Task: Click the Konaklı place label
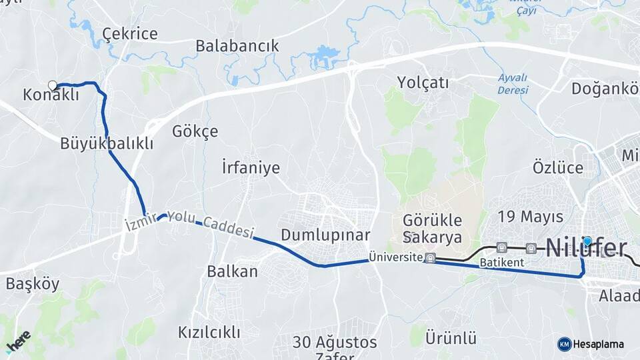click(51, 95)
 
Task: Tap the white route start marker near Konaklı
click(53, 85)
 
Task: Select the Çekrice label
click(130, 34)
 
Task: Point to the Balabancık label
click(237, 46)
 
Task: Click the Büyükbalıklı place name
click(107, 143)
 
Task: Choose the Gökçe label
click(195, 131)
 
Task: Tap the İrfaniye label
click(251, 167)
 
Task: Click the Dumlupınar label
click(325, 235)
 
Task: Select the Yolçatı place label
click(423, 83)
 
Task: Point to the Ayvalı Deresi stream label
click(513, 83)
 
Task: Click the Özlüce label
click(557, 167)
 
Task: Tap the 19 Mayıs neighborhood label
click(531, 217)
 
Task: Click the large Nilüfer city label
click(587, 249)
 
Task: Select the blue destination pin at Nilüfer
click(587, 241)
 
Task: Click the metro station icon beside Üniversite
click(431, 257)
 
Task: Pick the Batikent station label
click(501, 263)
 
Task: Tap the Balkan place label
click(232, 271)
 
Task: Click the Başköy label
click(33, 283)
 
